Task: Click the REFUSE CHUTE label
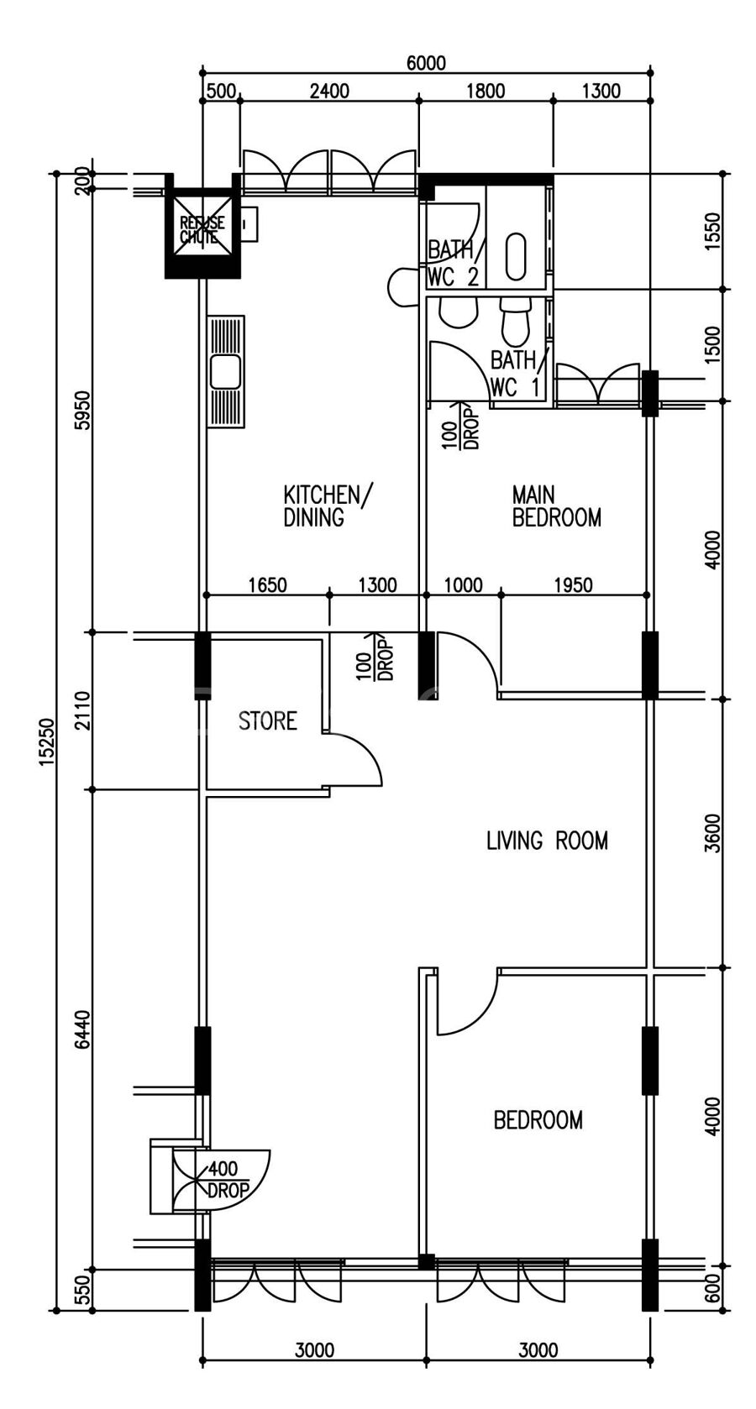coord(202,229)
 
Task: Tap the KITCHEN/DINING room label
coord(328,505)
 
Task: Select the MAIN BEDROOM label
coord(556,505)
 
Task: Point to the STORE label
coord(267,720)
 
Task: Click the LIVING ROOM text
coord(547,841)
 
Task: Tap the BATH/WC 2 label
coord(454,264)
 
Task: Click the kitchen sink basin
coord(225,372)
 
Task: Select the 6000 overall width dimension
coord(426,63)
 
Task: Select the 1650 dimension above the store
coord(267,585)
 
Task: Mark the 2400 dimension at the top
coord(329,92)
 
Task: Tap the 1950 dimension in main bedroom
coord(573,585)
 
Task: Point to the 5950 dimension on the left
coord(83,410)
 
